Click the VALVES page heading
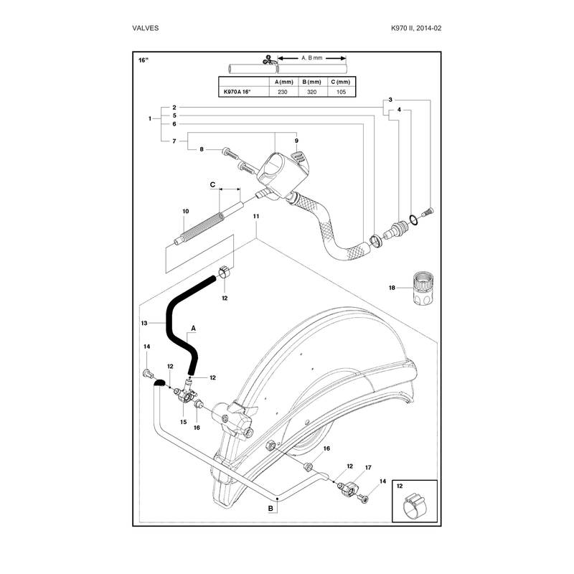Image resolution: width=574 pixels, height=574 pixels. coord(146,28)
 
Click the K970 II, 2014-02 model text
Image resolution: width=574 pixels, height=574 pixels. coord(416,28)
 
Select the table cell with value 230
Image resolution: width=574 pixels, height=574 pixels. coord(283,92)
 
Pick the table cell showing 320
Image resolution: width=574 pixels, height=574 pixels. coord(312,92)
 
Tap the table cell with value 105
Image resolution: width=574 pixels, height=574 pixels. coord(342,92)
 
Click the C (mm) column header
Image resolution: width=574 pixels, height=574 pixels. coord(340,82)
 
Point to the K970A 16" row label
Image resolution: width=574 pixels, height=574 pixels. coord(237,92)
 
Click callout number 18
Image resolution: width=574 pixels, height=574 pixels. coord(392,288)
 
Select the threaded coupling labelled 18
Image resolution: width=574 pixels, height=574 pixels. coord(423,288)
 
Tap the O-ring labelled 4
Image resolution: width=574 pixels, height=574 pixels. coord(414,220)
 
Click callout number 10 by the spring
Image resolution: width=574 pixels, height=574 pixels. coord(186,211)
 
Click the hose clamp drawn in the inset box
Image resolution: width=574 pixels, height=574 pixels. coord(415,506)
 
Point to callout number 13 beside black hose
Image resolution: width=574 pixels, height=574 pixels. coord(144,323)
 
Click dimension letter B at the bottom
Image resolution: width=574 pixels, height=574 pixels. coord(270,509)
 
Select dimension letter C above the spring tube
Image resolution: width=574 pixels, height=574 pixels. coord(212,184)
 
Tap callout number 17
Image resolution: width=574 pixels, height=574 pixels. coord(368,468)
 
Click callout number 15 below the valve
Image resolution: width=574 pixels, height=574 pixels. coord(184,422)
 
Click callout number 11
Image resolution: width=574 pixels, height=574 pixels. coord(256,217)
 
